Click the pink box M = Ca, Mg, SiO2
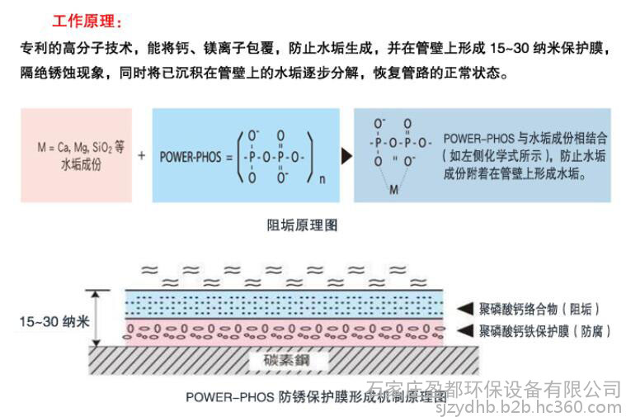76,155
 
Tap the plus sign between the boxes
141,155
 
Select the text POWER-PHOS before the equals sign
191,157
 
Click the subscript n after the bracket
322,179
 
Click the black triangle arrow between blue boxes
346,156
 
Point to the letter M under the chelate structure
393,190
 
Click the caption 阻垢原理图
302,225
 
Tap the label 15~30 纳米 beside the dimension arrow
54,321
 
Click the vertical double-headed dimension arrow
96,318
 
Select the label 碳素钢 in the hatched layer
287,360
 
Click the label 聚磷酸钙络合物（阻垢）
539,309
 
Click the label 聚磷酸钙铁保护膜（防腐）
545,331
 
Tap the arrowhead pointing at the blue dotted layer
465,309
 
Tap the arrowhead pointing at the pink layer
465,330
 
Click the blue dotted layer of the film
285,305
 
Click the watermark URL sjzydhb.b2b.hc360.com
528,407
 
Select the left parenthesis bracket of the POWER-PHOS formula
241,157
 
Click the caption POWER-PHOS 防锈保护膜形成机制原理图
316,397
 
